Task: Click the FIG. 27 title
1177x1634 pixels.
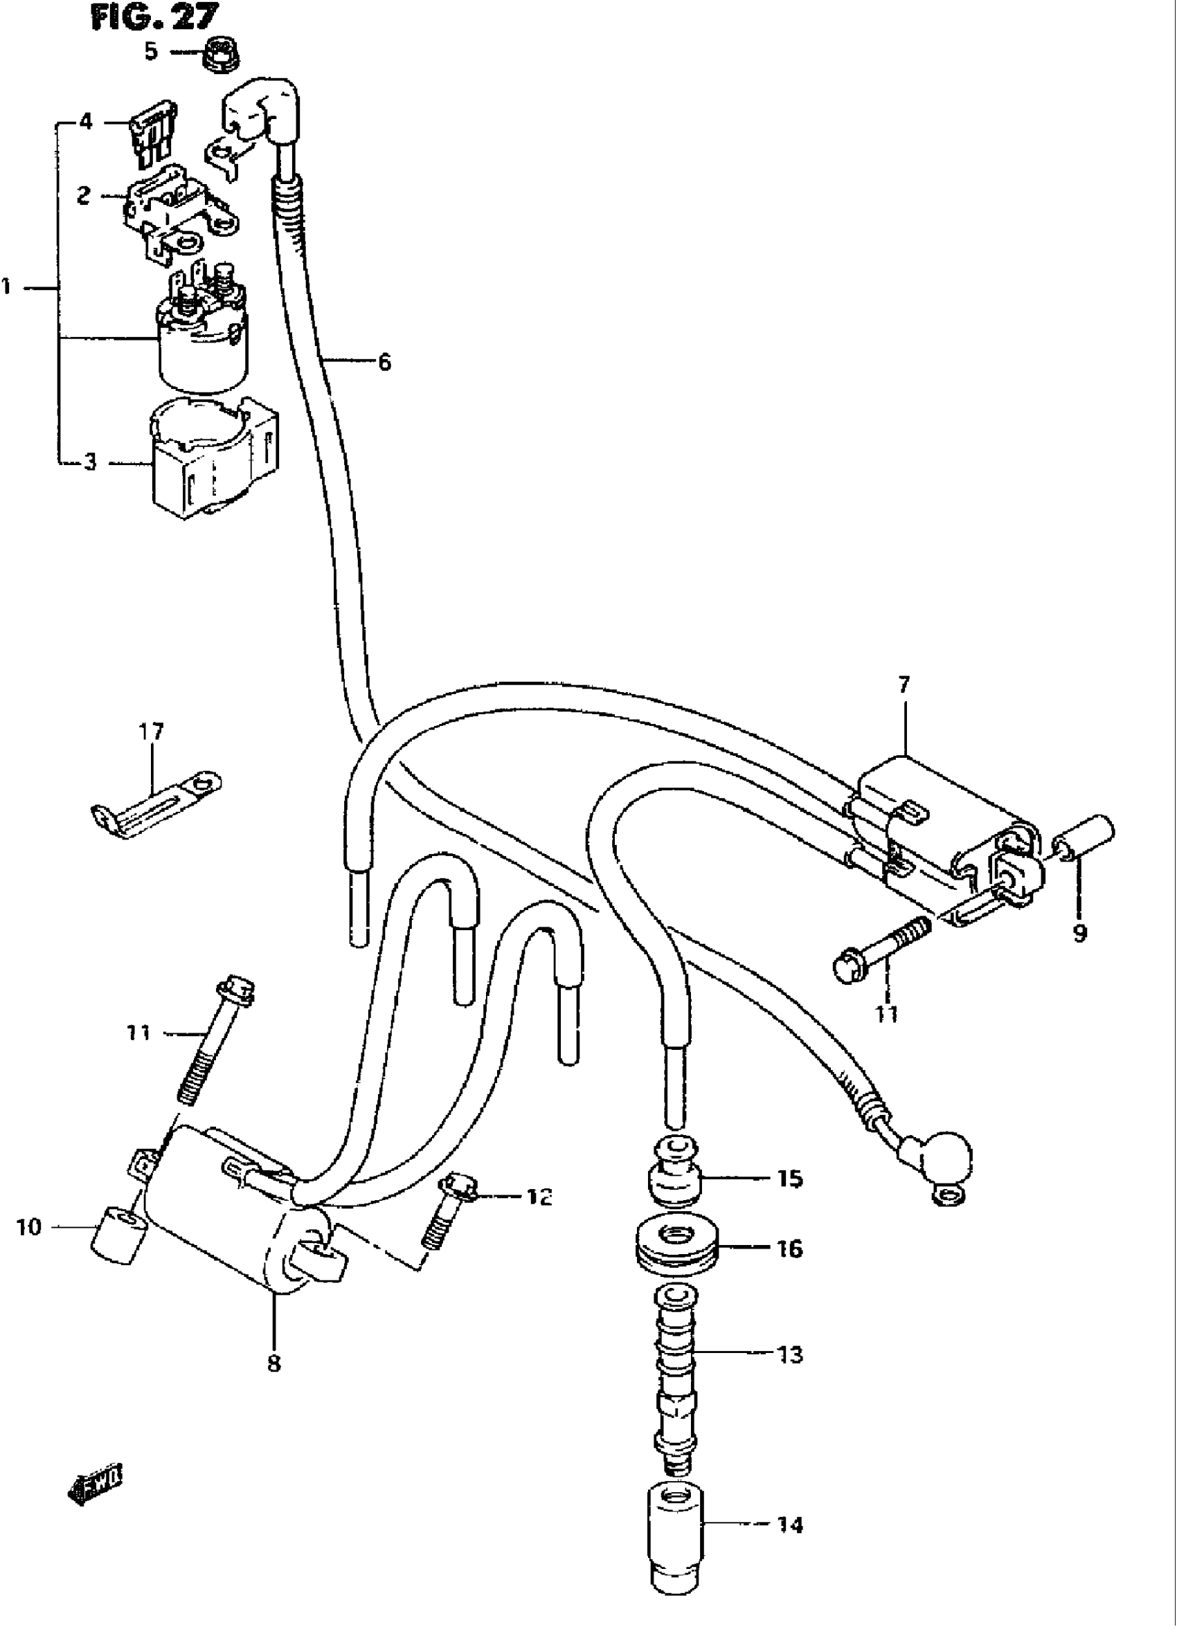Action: click(154, 17)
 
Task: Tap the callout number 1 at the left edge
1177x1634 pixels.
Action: click(7, 287)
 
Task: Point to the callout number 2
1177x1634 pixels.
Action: click(84, 194)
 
